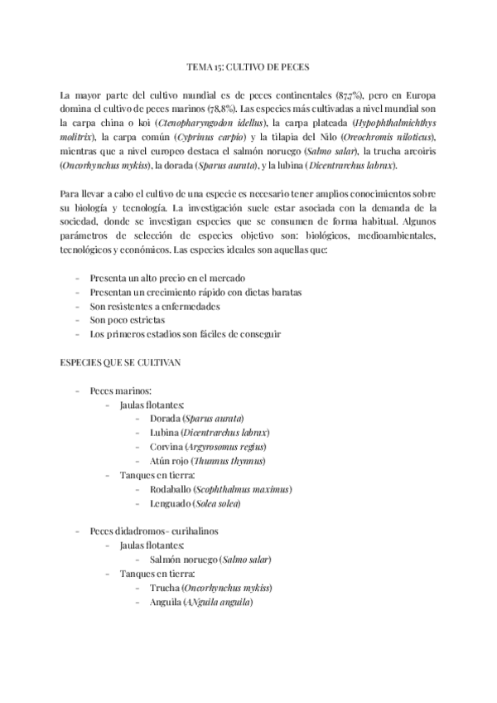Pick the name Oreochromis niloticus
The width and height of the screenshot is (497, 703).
(384, 136)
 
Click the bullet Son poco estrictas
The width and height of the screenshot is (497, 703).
(128, 319)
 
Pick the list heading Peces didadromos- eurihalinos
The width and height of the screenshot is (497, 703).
(154, 531)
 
